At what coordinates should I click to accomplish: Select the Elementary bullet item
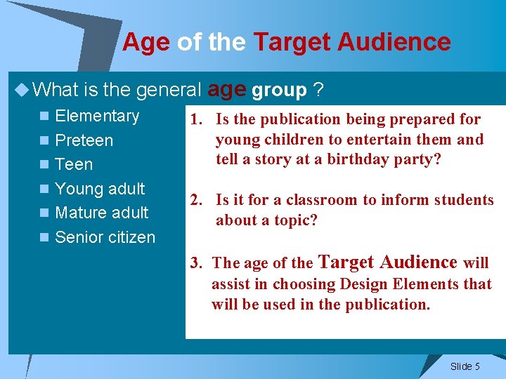97,117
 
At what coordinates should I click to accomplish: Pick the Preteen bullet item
84,140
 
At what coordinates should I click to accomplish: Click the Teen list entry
74,164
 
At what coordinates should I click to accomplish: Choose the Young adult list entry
100,189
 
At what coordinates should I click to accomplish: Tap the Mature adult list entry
101,213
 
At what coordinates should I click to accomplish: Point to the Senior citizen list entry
105,237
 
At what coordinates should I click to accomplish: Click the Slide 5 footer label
465,366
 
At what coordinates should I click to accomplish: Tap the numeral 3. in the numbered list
197,264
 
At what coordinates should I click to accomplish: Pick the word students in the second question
465,200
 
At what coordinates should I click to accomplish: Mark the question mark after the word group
318,90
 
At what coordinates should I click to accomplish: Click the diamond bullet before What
22,89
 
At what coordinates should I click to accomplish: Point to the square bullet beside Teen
44,165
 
